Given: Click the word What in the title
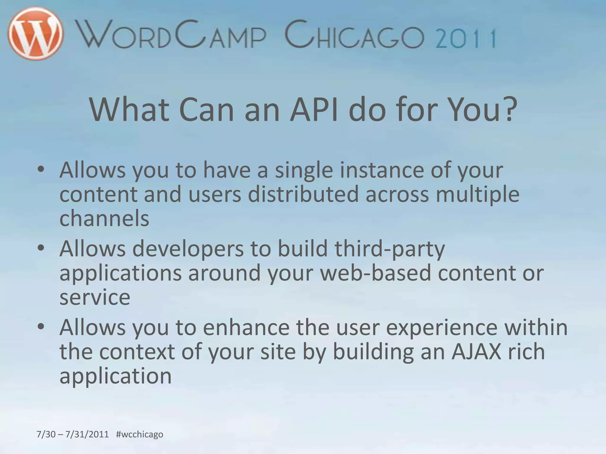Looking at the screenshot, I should (129, 110).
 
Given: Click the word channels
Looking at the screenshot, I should (104, 218).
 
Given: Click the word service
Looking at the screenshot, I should (95, 297).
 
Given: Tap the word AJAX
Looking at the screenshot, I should (476, 351).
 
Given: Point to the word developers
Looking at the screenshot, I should (188, 249).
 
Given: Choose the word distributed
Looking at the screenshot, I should (303, 194).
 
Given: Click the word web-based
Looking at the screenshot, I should (375, 273).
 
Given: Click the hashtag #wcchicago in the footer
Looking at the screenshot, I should (140, 434).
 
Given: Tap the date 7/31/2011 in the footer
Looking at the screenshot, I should (87, 434).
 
